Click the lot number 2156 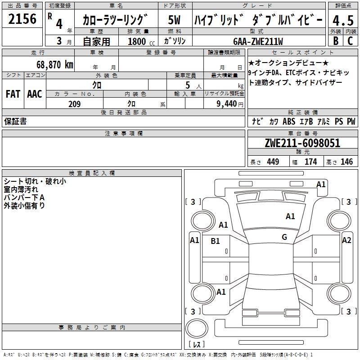pyautogui.click(x=22, y=20)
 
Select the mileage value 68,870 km pyautogui.click(x=55, y=64)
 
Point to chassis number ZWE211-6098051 pyautogui.click(x=302, y=144)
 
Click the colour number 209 pyautogui.click(x=74, y=104)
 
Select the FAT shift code pyautogui.click(x=13, y=94)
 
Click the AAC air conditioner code pyautogui.click(x=34, y=94)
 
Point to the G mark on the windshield pyautogui.click(x=284, y=237)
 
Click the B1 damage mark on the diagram pyautogui.click(x=216, y=241)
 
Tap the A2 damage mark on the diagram pyautogui.click(x=346, y=240)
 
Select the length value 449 pyautogui.click(x=273, y=162)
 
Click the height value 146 pyautogui.click(x=346, y=162)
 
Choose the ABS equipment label pyautogui.click(x=289, y=121)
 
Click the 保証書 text pyautogui.click(x=15, y=121)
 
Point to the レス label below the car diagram pyautogui.click(x=197, y=345)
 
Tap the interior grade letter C pyautogui.click(x=350, y=41)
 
